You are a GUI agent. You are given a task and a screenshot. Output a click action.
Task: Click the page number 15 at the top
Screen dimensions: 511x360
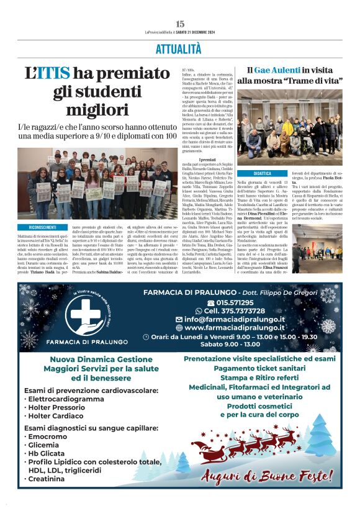[x=180, y=24]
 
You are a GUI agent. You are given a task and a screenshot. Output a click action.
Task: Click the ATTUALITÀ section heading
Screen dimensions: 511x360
[x=180, y=48]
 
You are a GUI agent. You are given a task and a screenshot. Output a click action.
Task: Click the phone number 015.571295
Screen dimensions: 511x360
[x=236, y=302]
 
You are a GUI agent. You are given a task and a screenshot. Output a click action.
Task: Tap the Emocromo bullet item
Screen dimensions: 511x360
[x=48, y=437]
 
